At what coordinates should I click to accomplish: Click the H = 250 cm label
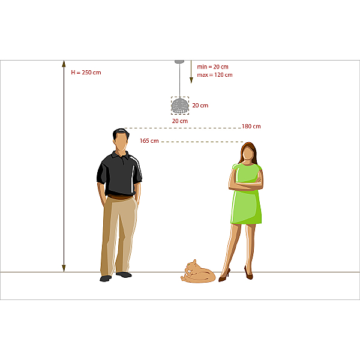[x=86, y=73]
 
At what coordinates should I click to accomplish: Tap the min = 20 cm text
[x=212, y=67]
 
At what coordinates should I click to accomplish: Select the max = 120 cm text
[x=215, y=75]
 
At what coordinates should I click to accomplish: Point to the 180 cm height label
[x=251, y=126]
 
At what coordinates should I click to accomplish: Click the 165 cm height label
[x=149, y=141]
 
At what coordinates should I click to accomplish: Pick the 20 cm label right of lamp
[x=200, y=106]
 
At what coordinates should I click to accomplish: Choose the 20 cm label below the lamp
[x=180, y=121]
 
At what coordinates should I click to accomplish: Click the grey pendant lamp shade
[x=180, y=106]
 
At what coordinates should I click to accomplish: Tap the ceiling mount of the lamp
[x=179, y=62]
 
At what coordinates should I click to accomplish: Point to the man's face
[x=121, y=142]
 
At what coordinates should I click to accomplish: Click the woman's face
[x=248, y=154]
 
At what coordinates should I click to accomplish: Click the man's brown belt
[x=120, y=197]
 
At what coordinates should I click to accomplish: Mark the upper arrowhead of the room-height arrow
[x=64, y=64]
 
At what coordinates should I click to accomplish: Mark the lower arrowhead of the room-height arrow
[x=64, y=268]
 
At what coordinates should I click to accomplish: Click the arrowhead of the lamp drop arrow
[x=191, y=80]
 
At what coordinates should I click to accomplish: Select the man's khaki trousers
[x=119, y=236]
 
